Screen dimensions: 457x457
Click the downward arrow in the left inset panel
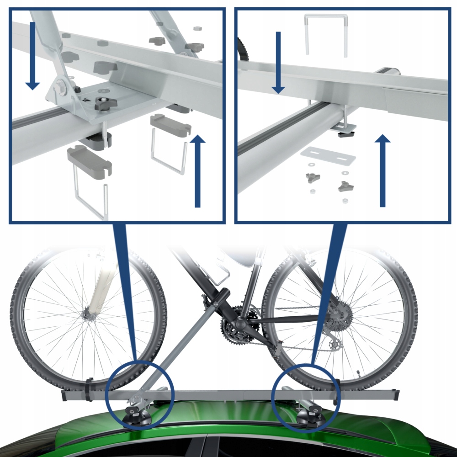(32, 54)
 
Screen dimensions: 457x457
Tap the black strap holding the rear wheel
(337, 391)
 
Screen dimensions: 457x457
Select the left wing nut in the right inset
(314, 178)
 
